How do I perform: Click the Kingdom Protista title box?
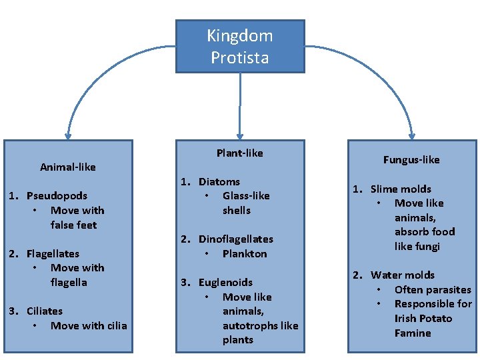tap(239, 46)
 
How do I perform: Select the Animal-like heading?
tap(67, 167)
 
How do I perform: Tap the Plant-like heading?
tap(239, 153)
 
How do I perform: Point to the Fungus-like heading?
tap(411, 159)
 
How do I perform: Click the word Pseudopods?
tap(57, 195)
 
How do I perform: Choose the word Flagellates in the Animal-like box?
tap(53, 253)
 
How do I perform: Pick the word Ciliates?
tap(44, 311)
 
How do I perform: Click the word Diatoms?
tap(219, 181)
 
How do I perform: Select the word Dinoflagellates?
tap(235, 239)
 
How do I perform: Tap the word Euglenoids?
tap(225, 282)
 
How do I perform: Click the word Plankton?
tap(245, 253)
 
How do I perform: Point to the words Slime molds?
tap(401, 189)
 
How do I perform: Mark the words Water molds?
tap(403, 275)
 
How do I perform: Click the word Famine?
tap(413, 333)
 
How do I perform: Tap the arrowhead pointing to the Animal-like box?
tap(67, 133)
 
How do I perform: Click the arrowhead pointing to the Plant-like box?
tap(239, 133)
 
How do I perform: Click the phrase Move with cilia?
tap(89, 325)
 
